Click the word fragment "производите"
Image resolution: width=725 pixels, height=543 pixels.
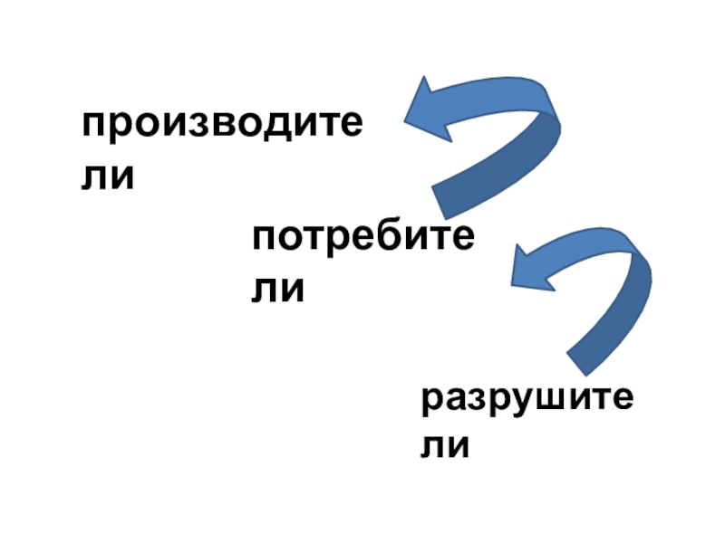click(222, 128)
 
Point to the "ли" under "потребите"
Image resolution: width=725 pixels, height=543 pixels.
click(277, 290)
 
